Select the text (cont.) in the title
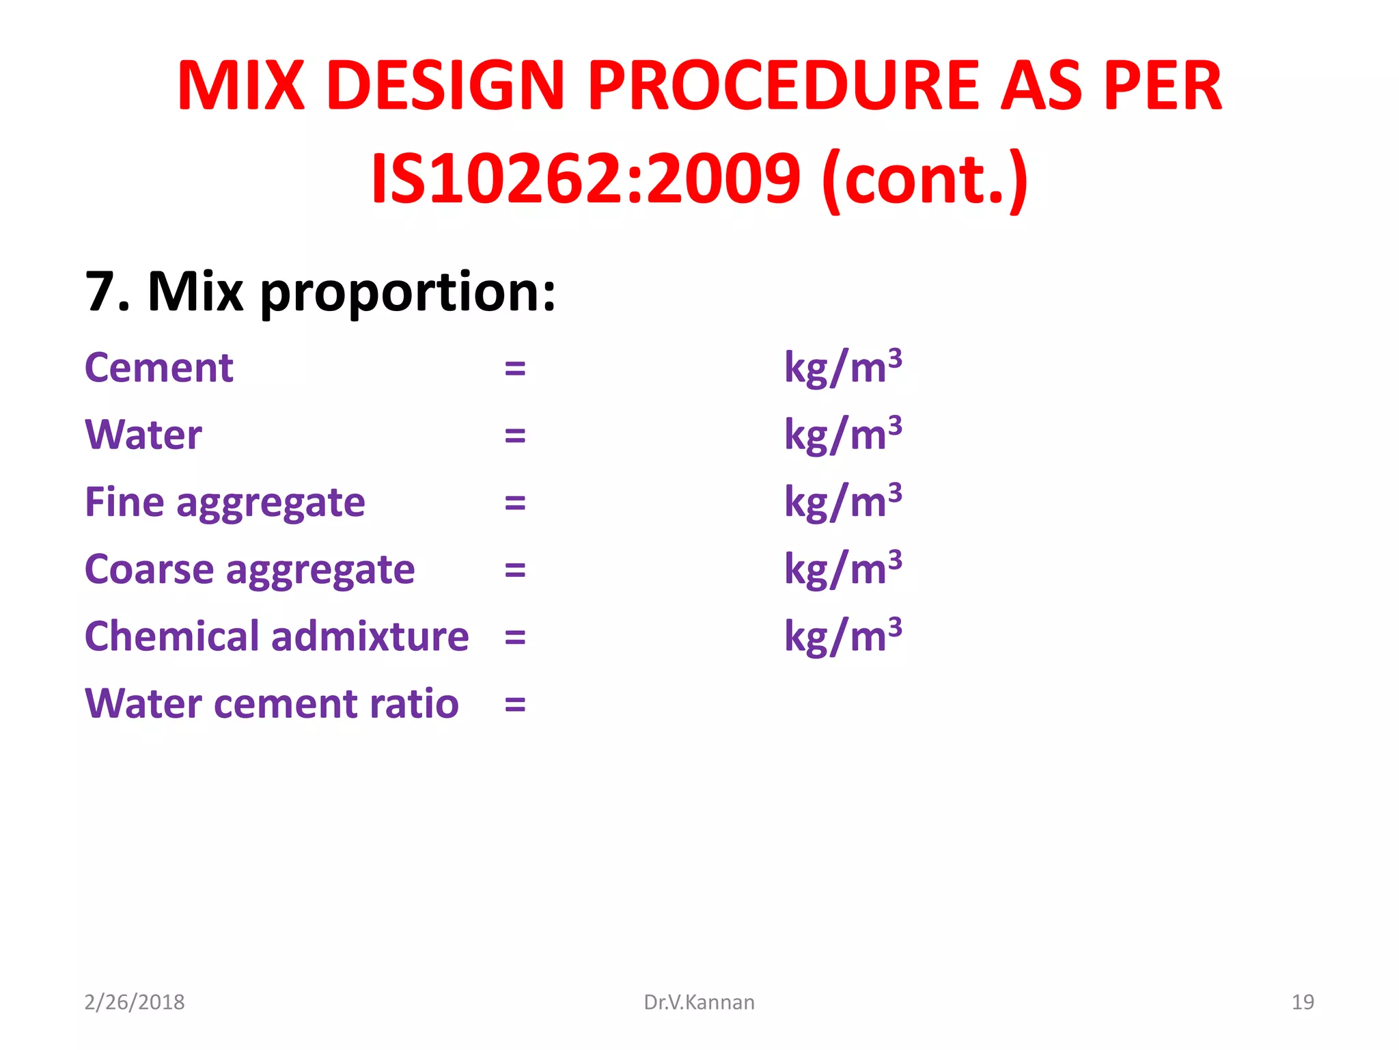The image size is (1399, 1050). (925, 179)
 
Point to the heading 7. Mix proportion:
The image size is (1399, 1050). (320, 292)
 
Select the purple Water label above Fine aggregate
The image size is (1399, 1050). (143, 435)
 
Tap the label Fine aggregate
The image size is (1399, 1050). (225, 502)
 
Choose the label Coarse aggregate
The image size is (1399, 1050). (249, 569)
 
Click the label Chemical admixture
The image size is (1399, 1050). (277, 636)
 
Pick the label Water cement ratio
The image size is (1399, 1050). (271, 703)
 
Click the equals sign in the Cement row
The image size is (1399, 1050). (515, 369)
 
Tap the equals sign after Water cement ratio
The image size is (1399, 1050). (515, 705)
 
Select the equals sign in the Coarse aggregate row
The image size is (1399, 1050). (515, 570)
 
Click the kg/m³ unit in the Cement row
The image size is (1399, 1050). (842, 367)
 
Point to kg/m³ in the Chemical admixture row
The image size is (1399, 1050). (842, 636)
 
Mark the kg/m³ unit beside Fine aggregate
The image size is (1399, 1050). (842, 502)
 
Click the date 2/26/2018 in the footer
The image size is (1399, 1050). (135, 1002)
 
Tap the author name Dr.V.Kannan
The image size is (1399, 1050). (699, 1002)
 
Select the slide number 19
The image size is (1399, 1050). (1303, 1002)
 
